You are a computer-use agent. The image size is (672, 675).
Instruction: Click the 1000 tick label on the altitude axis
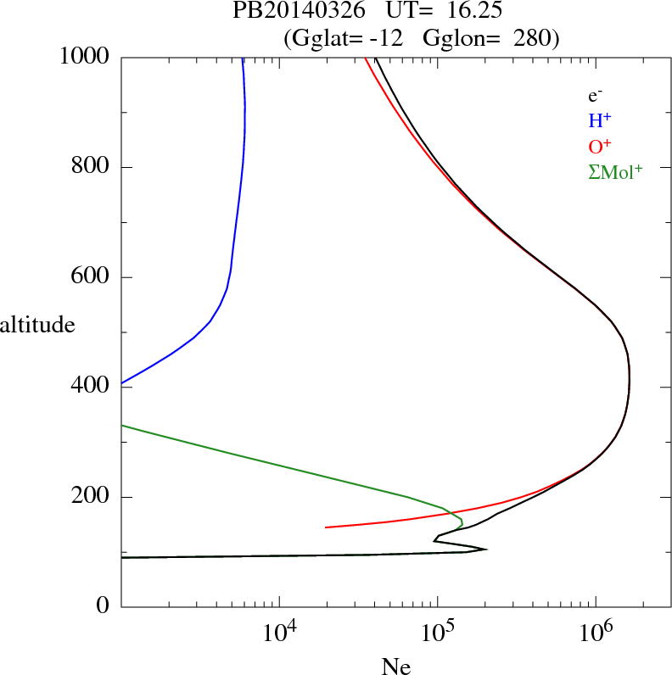[85, 57]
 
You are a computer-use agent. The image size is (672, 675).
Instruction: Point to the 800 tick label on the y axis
[91, 167]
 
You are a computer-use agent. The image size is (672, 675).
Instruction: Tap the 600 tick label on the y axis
[91, 277]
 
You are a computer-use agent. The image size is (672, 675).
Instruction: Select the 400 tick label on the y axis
[91, 388]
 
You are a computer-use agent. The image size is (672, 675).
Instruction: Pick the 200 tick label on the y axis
[91, 497]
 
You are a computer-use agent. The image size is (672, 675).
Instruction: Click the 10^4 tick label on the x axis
[279, 632]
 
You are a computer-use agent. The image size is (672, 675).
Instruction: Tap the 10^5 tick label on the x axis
[437, 632]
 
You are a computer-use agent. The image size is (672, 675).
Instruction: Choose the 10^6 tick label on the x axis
[596, 632]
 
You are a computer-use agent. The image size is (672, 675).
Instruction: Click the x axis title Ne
[396, 667]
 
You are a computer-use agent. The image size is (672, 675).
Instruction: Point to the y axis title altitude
[37, 324]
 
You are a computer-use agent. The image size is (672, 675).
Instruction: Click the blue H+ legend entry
[600, 120]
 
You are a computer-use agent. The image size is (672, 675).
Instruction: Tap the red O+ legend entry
[600, 146]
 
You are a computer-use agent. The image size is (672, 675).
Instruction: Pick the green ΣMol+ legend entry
[615, 171]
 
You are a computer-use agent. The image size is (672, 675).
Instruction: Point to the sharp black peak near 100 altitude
[486, 549]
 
